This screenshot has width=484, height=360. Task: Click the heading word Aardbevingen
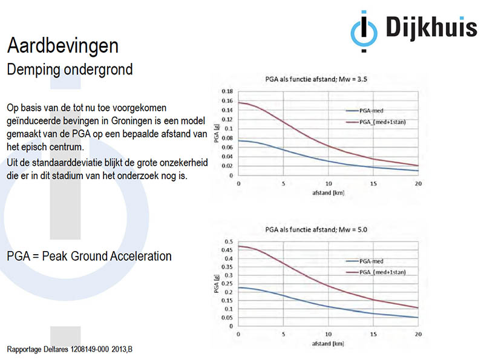tap(62, 45)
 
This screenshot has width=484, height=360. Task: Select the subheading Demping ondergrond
tap(70, 69)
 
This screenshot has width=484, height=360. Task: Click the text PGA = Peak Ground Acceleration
tap(89, 256)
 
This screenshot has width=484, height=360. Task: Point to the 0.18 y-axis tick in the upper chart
tap(227, 92)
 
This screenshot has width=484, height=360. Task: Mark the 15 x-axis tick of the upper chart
tap(374, 184)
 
